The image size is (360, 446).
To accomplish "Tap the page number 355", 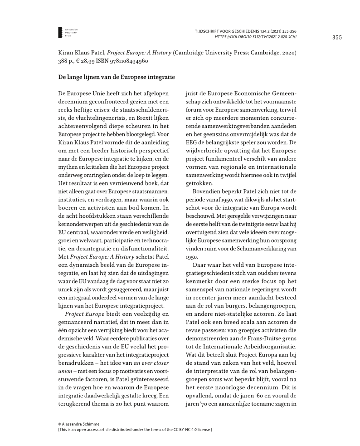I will [336, 37].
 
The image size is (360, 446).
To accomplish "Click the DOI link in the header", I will [256, 36].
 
